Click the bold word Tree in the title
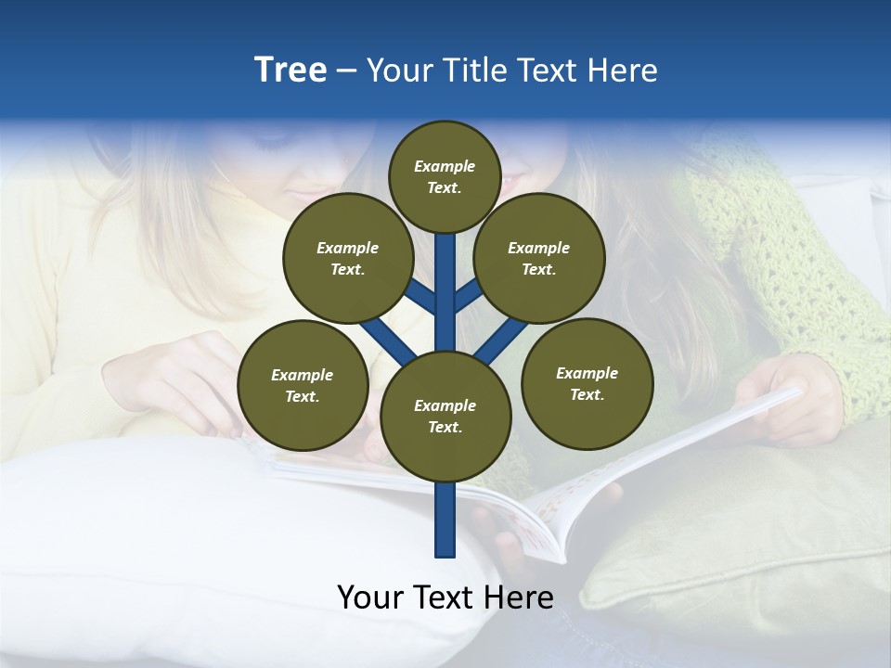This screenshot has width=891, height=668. pos(291,70)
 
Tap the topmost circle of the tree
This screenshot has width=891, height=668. pos(445,176)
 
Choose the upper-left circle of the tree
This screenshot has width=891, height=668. pos(347,258)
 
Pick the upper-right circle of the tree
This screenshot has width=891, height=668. pos(538,258)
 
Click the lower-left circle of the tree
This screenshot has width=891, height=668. pos(302,385)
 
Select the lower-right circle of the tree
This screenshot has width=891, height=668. pos(587,383)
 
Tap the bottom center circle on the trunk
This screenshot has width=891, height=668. pos(445,416)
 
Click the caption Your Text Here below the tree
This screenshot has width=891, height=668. pos(445,597)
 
